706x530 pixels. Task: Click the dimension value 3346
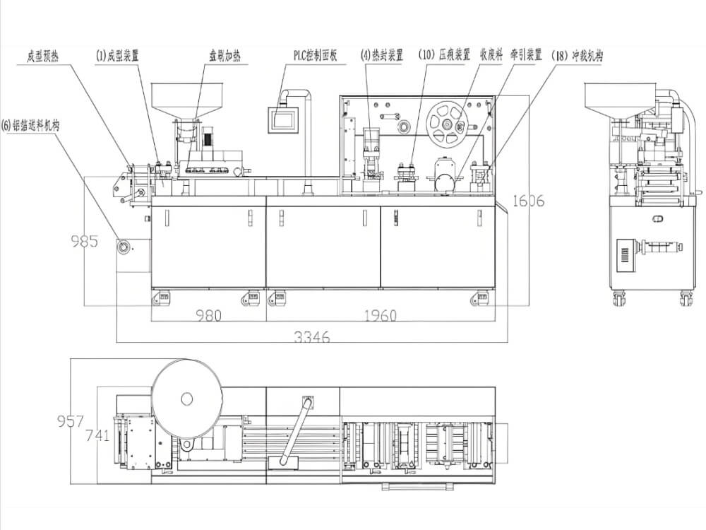[x=311, y=337]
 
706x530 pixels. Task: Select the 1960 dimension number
[x=381, y=315]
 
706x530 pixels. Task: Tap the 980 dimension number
[x=209, y=315]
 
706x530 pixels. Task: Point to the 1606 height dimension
[x=527, y=201]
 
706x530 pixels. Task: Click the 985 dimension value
[x=84, y=242]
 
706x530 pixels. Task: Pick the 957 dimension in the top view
[x=70, y=421]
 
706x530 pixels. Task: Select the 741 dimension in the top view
[x=97, y=435]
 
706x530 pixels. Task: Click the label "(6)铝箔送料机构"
[x=31, y=126]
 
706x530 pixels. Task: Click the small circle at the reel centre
[x=186, y=399]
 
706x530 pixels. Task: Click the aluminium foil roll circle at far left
[x=125, y=247]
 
